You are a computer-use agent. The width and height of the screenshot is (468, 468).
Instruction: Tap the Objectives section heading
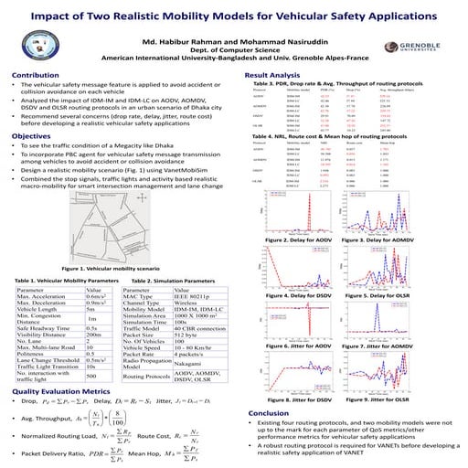coord(33,136)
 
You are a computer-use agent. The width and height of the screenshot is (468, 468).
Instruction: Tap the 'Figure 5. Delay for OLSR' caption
coord(371,297)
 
